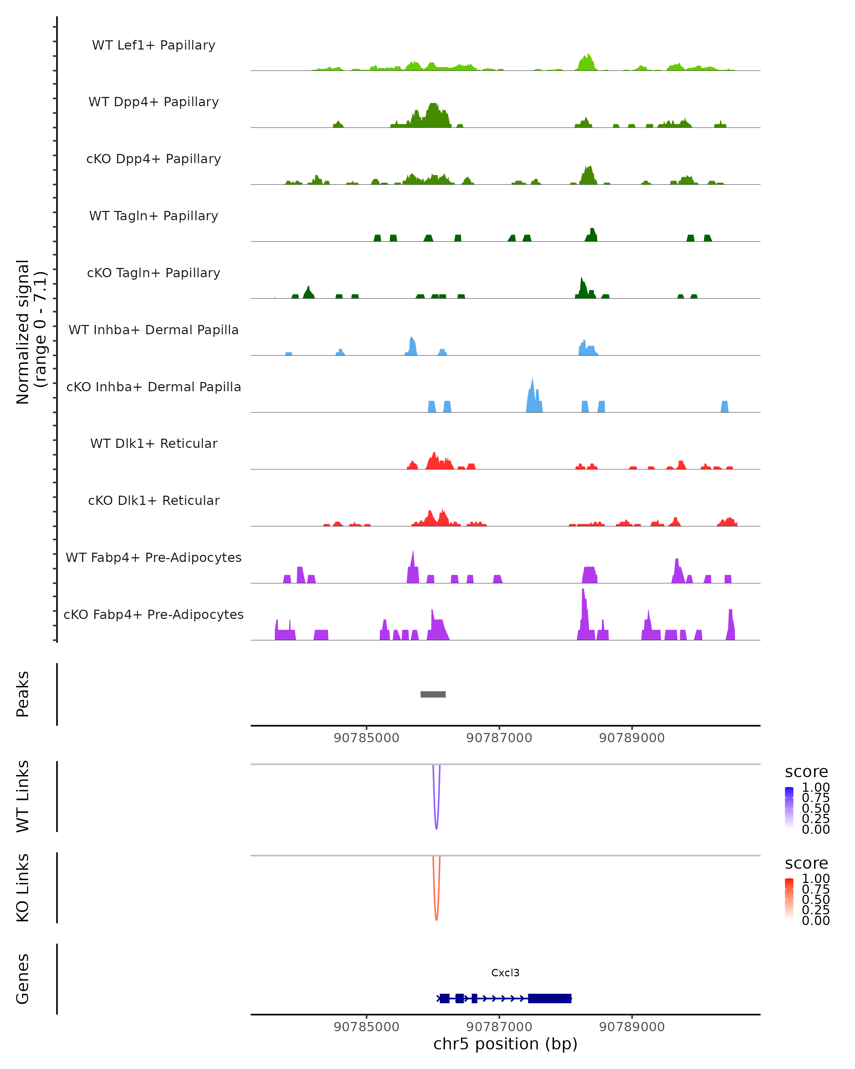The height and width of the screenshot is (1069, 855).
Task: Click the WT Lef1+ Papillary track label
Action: pos(154,45)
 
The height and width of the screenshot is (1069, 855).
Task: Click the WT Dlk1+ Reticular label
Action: pos(154,443)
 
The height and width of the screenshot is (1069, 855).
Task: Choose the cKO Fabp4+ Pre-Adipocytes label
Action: pos(154,614)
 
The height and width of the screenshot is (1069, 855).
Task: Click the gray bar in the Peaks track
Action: pos(433,694)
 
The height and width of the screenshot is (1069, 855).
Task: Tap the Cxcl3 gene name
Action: pos(505,972)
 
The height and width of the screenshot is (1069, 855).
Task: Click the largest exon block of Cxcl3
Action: pos(550,998)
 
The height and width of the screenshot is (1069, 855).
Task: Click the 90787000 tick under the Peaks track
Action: pos(499,738)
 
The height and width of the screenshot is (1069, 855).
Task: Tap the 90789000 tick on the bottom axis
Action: pos(632,1027)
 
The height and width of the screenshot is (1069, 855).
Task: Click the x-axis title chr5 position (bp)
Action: pos(505,1044)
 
